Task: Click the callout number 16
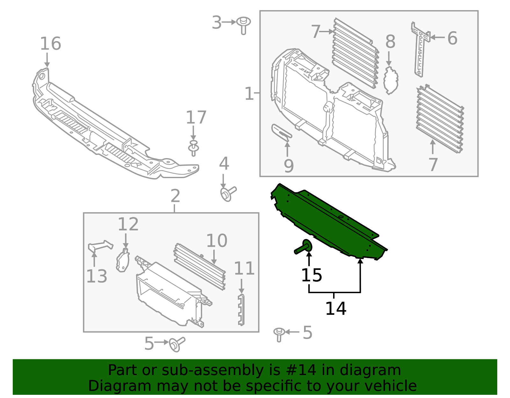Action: click(50, 44)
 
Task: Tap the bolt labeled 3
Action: click(244, 25)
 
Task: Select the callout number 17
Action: click(196, 118)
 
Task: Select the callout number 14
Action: click(336, 308)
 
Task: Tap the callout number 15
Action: click(311, 275)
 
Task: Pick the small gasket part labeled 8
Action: click(391, 80)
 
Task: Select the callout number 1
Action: click(249, 94)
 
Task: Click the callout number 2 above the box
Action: click(175, 196)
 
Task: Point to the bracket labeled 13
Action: click(100, 245)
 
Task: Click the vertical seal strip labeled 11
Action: click(241, 309)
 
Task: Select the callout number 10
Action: click(217, 241)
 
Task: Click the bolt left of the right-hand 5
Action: click(279, 334)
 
